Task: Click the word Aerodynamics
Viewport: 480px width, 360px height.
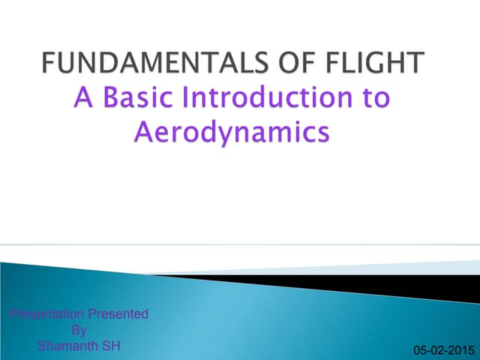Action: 232,132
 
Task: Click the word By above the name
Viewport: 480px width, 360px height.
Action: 79,330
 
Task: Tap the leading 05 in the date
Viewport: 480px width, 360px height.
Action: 421,350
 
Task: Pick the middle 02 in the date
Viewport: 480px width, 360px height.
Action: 438,350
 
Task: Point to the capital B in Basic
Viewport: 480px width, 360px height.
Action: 115,99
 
